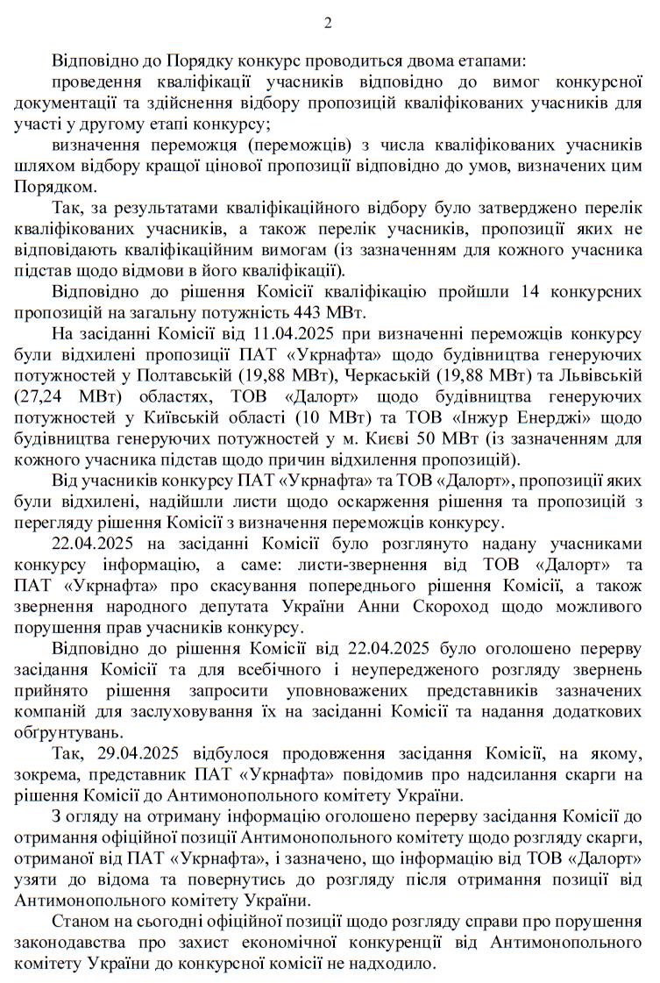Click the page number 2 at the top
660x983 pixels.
(x=329, y=23)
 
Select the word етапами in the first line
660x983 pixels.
(x=488, y=63)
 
